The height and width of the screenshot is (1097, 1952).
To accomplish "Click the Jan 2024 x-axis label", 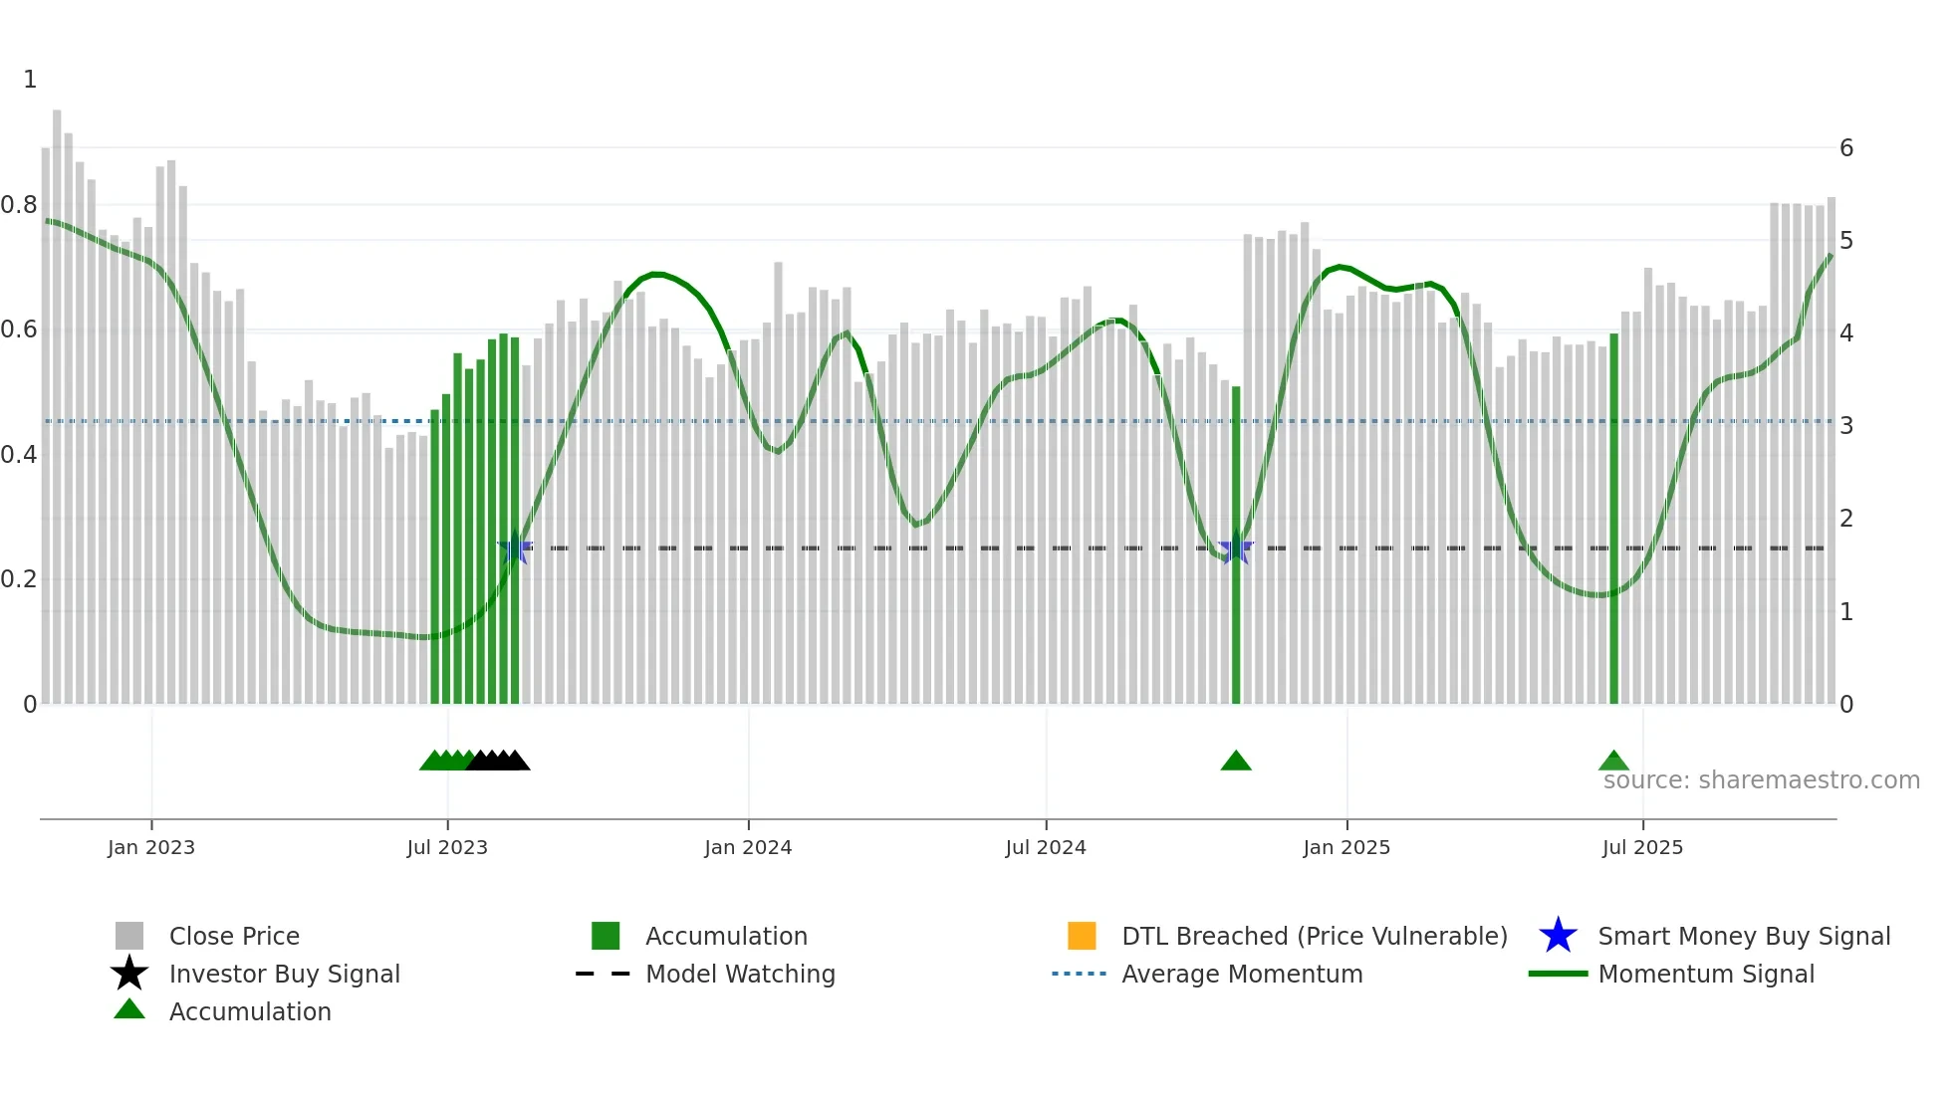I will [x=748, y=847].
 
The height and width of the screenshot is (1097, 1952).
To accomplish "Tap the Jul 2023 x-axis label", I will [x=447, y=847].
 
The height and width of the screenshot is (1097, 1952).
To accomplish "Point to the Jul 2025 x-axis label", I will [x=1642, y=847].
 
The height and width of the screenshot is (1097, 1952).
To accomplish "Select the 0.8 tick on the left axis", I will [x=19, y=205].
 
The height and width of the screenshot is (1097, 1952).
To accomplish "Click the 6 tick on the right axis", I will [x=1846, y=148].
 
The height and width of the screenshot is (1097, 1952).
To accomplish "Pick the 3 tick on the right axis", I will [x=1846, y=426].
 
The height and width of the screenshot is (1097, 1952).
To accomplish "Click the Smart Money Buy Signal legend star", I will [x=1558, y=936].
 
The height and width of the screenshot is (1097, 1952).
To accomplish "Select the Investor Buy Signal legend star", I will [x=129, y=974].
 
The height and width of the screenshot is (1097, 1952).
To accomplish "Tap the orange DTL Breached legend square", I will [x=1082, y=936].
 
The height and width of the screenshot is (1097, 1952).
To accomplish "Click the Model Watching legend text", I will [x=740, y=974].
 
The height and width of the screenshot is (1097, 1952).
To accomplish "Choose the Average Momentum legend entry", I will [x=1242, y=974].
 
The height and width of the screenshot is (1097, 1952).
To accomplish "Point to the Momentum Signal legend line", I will [x=1558, y=974].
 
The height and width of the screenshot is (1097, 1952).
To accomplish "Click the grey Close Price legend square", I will [x=129, y=936].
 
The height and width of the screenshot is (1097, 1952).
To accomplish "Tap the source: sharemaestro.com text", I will [x=1761, y=780].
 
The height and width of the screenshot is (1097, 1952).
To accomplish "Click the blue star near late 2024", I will [x=1236, y=548].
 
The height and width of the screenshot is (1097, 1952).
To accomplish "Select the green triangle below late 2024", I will [x=1236, y=762].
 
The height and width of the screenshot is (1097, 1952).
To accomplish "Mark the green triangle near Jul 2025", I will [x=1613, y=762].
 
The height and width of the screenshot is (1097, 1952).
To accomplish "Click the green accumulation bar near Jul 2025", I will [x=1613, y=518].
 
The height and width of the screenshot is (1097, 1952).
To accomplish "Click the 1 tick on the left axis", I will [x=30, y=80].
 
